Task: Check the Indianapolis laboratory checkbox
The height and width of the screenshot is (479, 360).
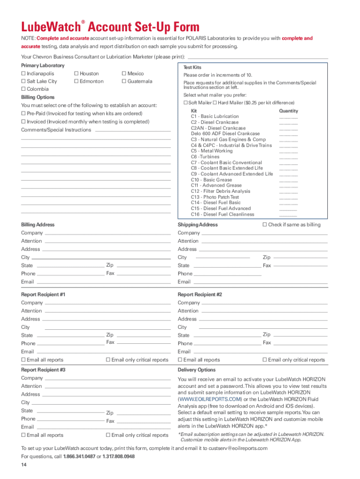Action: click(23, 73)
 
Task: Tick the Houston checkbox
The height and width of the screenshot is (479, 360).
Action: click(76, 73)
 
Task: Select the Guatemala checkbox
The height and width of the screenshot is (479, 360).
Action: click(123, 81)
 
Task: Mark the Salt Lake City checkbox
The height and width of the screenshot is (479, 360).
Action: click(23, 81)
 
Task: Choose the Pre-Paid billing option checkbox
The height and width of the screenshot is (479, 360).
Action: click(23, 114)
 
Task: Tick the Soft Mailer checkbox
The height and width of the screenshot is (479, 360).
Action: click(186, 102)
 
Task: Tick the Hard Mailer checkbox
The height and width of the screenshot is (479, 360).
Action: click(215, 102)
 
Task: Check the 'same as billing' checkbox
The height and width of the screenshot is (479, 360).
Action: click(264, 225)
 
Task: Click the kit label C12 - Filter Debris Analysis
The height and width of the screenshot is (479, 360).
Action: click(220, 191)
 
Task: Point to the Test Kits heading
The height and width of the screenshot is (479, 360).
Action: click(192, 67)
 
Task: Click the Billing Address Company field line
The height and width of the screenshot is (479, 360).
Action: click(107, 233)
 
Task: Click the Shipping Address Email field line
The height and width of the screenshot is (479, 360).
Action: click(259, 283)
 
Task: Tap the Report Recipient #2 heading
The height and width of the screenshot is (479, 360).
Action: click(200, 295)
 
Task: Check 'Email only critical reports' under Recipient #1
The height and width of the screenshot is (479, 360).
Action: click(108, 360)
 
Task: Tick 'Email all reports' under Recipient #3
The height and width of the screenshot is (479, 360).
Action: click(23, 435)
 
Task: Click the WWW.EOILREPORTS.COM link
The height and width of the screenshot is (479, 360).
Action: click(210, 399)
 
